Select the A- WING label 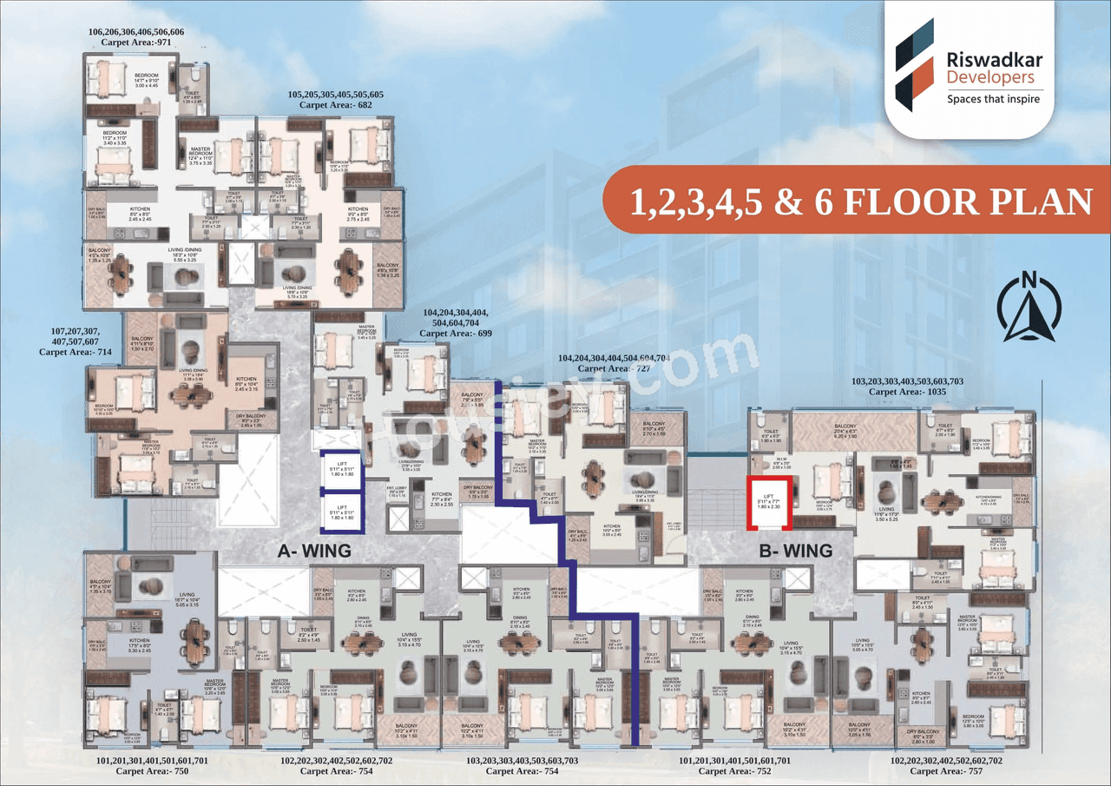[313, 550]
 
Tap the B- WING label [795, 550]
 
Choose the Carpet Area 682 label [335, 104]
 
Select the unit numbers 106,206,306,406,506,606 [136, 31]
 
